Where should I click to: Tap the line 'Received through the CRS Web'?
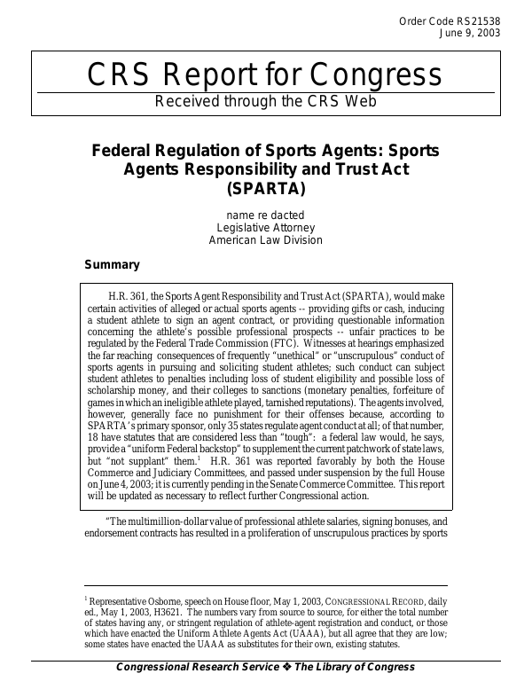265,101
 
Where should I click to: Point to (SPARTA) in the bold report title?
265,188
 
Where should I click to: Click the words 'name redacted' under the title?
265,215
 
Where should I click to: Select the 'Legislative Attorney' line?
265,228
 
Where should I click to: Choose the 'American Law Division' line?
265,240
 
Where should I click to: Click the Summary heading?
112,264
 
